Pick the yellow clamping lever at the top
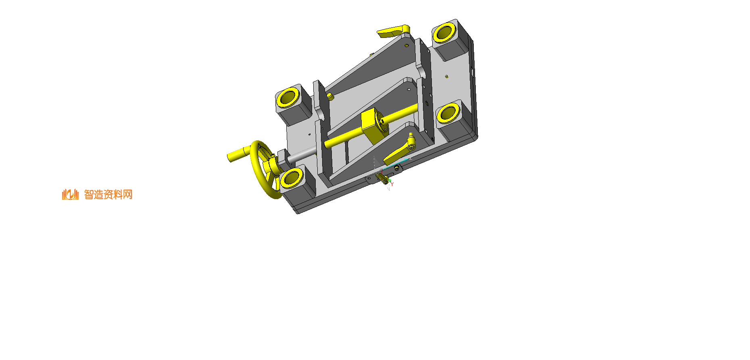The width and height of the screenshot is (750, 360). (393, 31)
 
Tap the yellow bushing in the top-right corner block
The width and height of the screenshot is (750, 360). (444, 33)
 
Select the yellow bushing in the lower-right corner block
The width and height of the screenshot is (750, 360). (448, 112)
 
